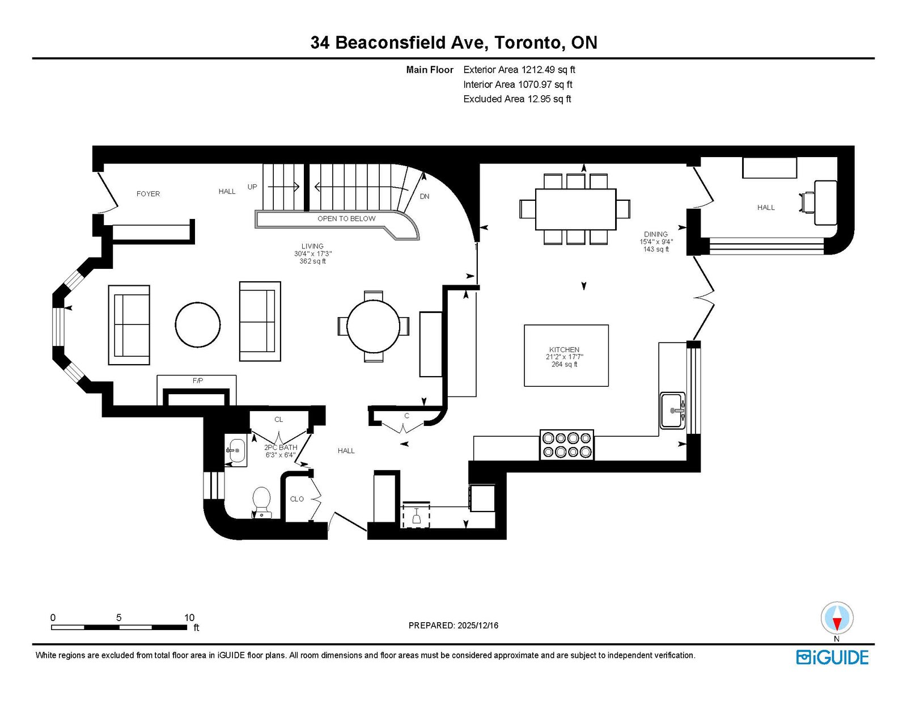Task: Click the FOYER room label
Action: (148, 194)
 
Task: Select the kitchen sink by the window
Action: (672, 411)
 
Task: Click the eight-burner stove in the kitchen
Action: (567, 445)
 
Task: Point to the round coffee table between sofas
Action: (198, 325)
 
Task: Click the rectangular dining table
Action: (575, 209)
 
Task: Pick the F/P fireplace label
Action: (198, 381)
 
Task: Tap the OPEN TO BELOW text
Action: (346, 219)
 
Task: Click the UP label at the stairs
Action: (252, 187)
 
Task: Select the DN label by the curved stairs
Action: (425, 197)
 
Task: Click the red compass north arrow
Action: (837, 624)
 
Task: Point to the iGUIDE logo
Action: (832, 657)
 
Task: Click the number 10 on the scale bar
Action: (189, 618)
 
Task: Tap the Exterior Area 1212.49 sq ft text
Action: (519, 70)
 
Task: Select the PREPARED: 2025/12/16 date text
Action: (453, 626)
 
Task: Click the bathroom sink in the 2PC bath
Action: (236, 450)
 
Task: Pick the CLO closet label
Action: (297, 499)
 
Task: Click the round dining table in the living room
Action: (373, 326)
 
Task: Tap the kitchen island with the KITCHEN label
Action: (566, 356)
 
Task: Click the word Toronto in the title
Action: (528, 43)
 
